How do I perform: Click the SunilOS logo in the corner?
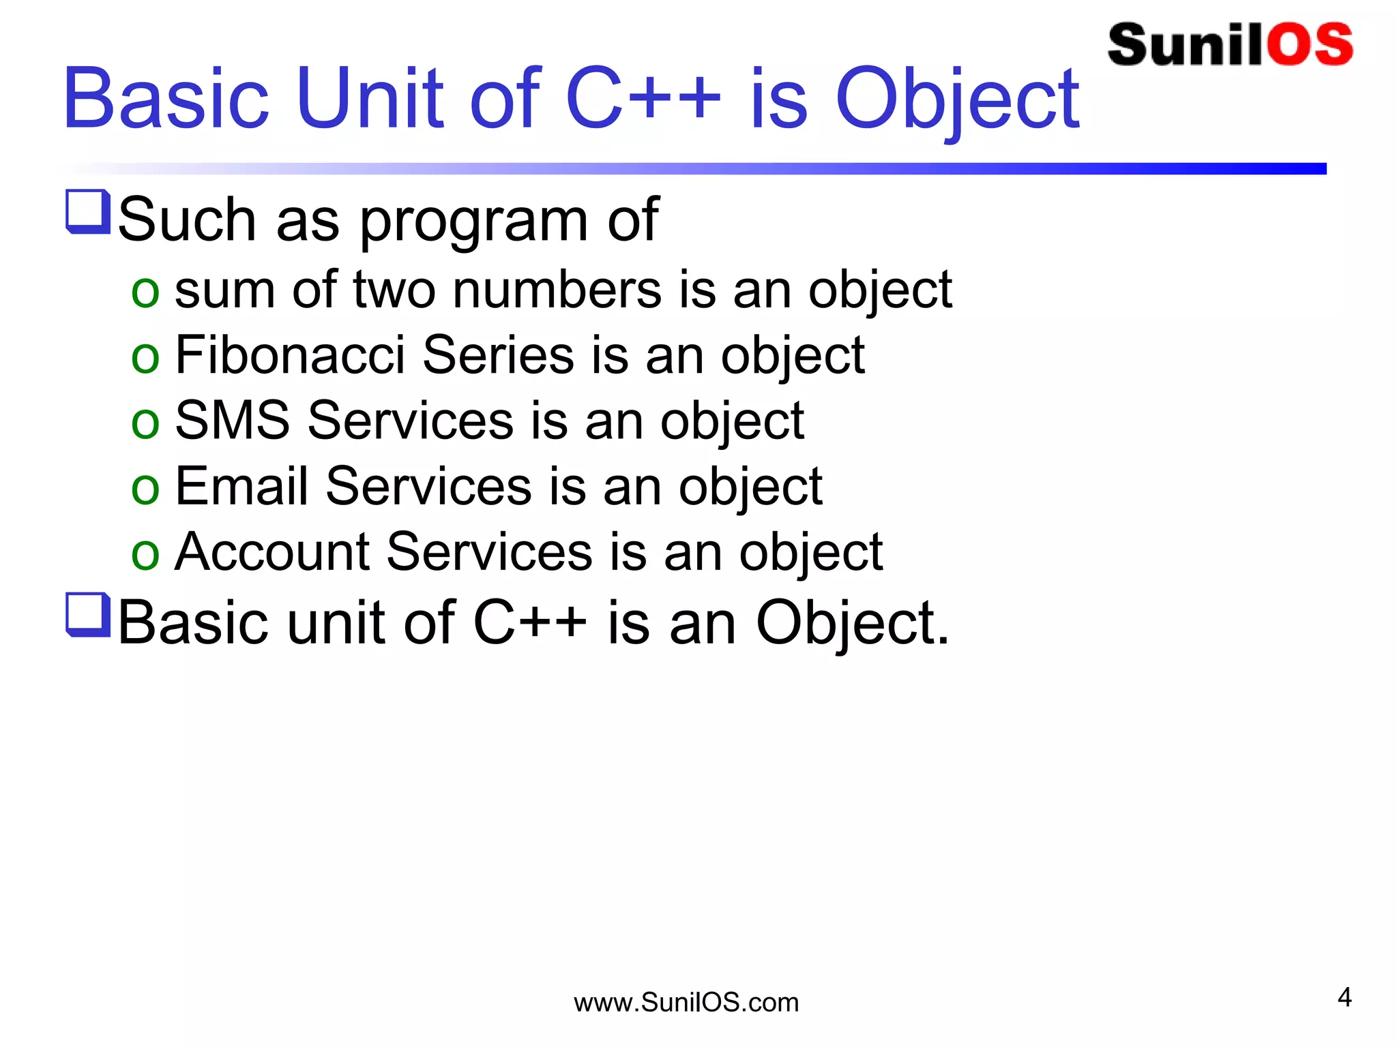pyautogui.click(x=1229, y=45)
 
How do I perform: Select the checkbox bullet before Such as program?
pyautogui.click(x=88, y=212)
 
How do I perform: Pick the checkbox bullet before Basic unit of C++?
pyautogui.click(x=88, y=615)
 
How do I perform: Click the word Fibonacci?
pyautogui.click(x=290, y=355)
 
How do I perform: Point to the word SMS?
pyautogui.click(x=232, y=421)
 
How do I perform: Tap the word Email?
pyautogui.click(x=241, y=486)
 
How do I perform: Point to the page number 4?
pyautogui.click(x=1344, y=997)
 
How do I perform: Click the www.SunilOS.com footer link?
pyautogui.click(x=686, y=1003)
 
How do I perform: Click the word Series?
pyautogui.click(x=498, y=355)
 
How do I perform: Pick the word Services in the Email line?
pyautogui.click(x=428, y=486)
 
